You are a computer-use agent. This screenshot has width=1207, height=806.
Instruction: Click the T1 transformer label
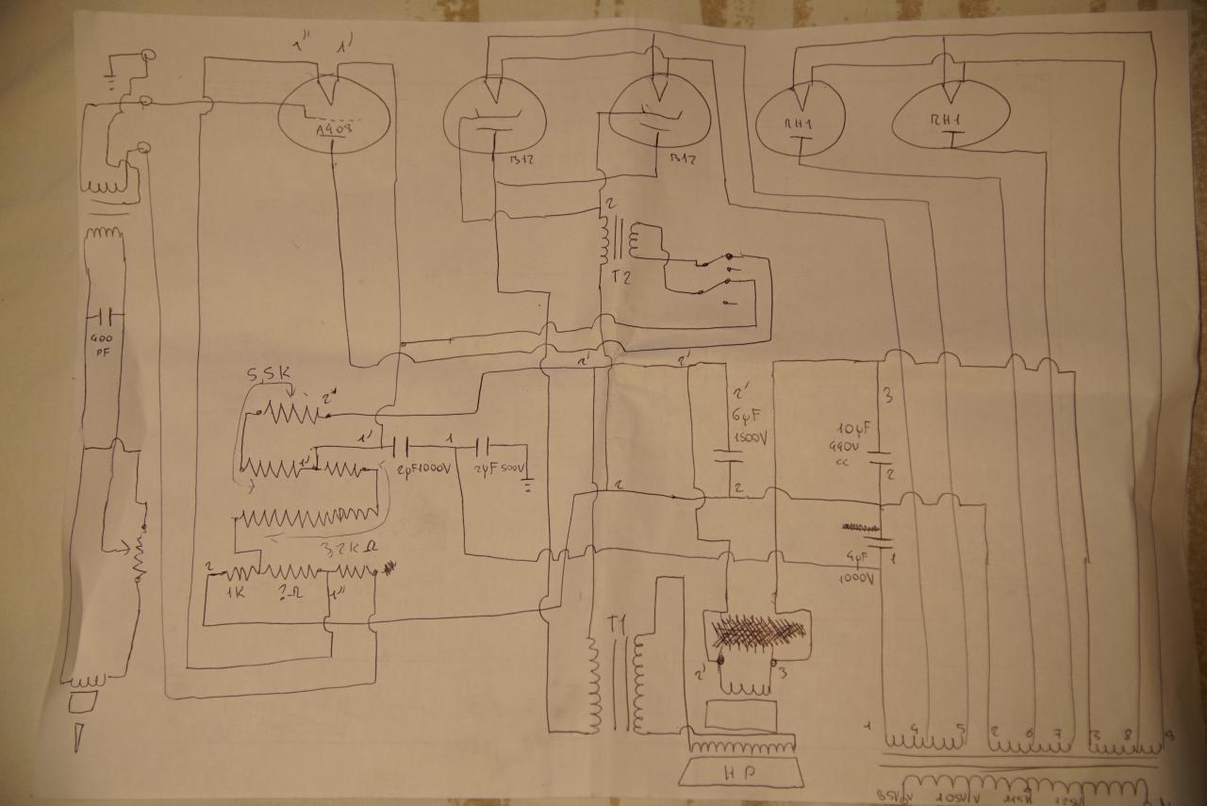coord(617,625)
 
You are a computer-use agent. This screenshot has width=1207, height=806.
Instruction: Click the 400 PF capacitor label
coord(101,347)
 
